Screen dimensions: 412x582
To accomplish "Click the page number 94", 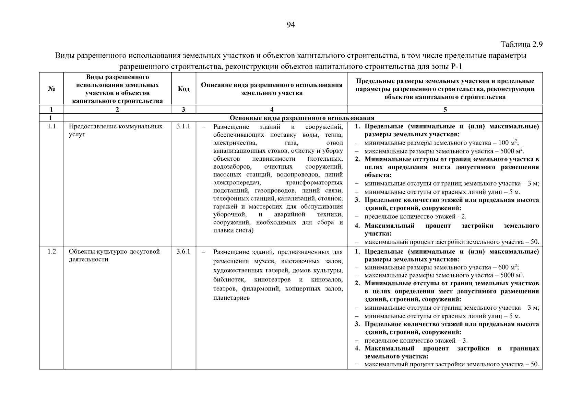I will pyautogui.click(x=290, y=25).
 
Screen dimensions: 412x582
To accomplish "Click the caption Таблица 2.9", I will pyautogui.click(x=521, y=45).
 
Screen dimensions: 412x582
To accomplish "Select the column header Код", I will pyautogui.click(x=183, y=89).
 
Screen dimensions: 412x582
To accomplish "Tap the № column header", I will pyautogui.click(x=51, y=89).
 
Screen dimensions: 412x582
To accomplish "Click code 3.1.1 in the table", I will pyautogui.click(x=183, y=127).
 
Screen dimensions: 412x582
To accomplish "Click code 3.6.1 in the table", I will pyautogui.click(x=183, y=252).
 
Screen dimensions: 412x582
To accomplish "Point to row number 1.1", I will pyautogui.click(x=51, y=127).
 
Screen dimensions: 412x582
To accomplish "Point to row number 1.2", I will pyautogui.click(x=51, y=252).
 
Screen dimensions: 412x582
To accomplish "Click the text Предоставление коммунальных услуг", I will pyautogui.click(x=116, y=130).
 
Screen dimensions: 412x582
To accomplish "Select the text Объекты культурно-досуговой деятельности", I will pyautogui.click(x=114, y=255).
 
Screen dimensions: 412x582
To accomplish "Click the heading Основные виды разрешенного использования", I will pyautogui.click(x=302, y=118).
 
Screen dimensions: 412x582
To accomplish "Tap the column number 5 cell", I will pyautogui.click(x=445, y=110).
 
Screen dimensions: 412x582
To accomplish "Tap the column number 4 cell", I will pyautogui.click(x=272, y=110).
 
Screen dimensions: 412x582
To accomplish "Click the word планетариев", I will pyautogui.click(x=231, y=298).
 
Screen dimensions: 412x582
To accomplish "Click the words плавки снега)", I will pyautogui.click(x=233, y=230).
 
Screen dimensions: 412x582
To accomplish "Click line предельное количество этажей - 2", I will pyautogui.click(x=415, y=217).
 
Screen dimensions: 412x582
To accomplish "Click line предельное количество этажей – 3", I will pyautogui.click(x=416, y=341).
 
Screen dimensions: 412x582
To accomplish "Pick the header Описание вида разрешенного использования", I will pyautogui.click(x=272, y=89).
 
